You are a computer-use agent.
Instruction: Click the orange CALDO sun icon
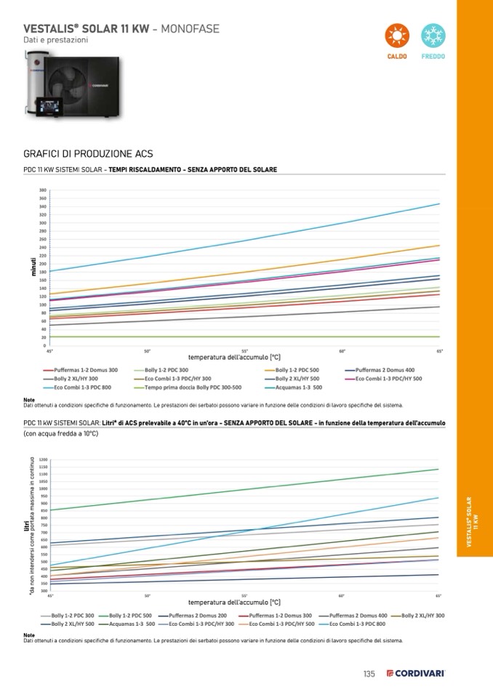[x=396, y=36]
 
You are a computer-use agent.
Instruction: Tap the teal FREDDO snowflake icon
[x=433, y=36]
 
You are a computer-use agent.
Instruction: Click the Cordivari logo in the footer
[x=415, y=674]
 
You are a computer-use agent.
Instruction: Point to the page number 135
[x=369, y=674]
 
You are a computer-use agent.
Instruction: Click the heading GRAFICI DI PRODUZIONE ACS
[x=88, y=154]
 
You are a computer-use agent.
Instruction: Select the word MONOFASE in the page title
[x=188, y=28]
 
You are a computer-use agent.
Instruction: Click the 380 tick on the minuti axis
[x=43, y=190]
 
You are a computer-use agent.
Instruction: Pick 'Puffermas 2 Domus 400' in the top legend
[x=385, y=370]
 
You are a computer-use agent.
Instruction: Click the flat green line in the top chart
[x=218, y=337]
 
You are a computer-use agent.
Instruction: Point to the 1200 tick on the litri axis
[x=44, y=459]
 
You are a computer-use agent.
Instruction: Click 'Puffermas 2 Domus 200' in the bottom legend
[x=192, y=616]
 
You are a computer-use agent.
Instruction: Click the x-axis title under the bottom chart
[x=234, y=603]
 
